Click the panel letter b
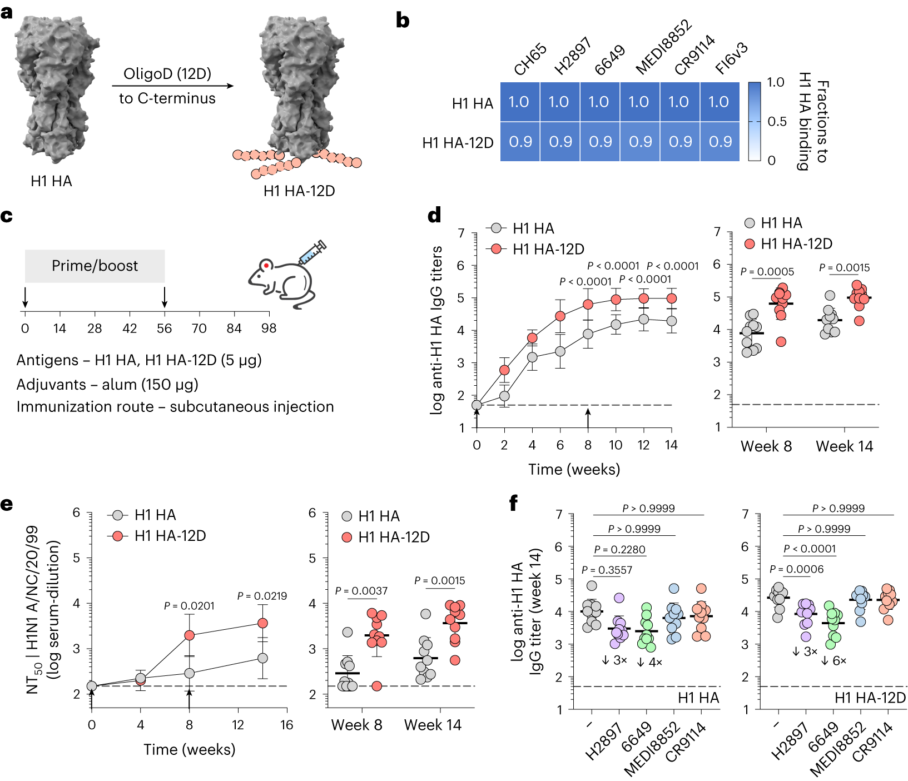[x=403, y=21]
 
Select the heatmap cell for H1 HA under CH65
[x=519, y=102]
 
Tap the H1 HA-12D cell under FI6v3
[x=720, y=142]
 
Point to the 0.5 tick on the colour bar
[x=776, y=121]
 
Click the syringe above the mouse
[x=312, y=252]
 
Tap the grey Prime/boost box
[x=95, y=266]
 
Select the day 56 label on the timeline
[x=164, y=329]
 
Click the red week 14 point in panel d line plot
[x=671, y=299]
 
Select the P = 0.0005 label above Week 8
[x=767, y=272]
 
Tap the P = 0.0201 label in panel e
[x=189, y=606]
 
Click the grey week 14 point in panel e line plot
[x=262, y=658]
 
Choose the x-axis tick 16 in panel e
[x=286, y=725]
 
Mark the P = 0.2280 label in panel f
[x=619, y=550]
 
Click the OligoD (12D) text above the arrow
[x=167, y=74]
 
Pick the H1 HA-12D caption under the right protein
[x=299, y=191]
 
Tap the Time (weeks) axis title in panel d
[x=574, y=470]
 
